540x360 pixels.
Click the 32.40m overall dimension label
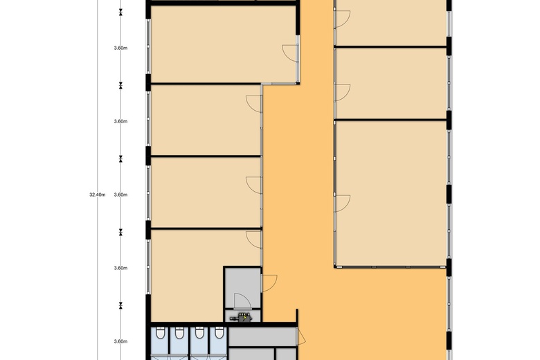coord(98,195)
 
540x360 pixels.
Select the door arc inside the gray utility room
coord(242,300)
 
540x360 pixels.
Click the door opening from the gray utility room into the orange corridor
coord(269,283)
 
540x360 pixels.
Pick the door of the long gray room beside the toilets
coord(301,336)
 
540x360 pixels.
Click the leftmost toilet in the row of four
coord(160,333)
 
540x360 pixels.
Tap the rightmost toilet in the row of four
coord(219,333)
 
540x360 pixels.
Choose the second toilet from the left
coord(179,333)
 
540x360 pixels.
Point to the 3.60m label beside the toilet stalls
coord(120,341)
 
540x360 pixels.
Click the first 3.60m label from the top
coord(120,48)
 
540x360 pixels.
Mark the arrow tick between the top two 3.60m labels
coord(120,85)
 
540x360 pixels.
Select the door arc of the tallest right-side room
coord(342,204)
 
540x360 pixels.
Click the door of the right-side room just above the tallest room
coord(342,92)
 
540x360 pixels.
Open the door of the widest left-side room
coord(290,53)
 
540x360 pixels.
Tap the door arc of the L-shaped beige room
coord(254,240)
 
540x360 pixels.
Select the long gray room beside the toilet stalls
coord(262,336)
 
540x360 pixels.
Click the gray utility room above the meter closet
coord(242,288)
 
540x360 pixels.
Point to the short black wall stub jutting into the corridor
coord(297,316)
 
